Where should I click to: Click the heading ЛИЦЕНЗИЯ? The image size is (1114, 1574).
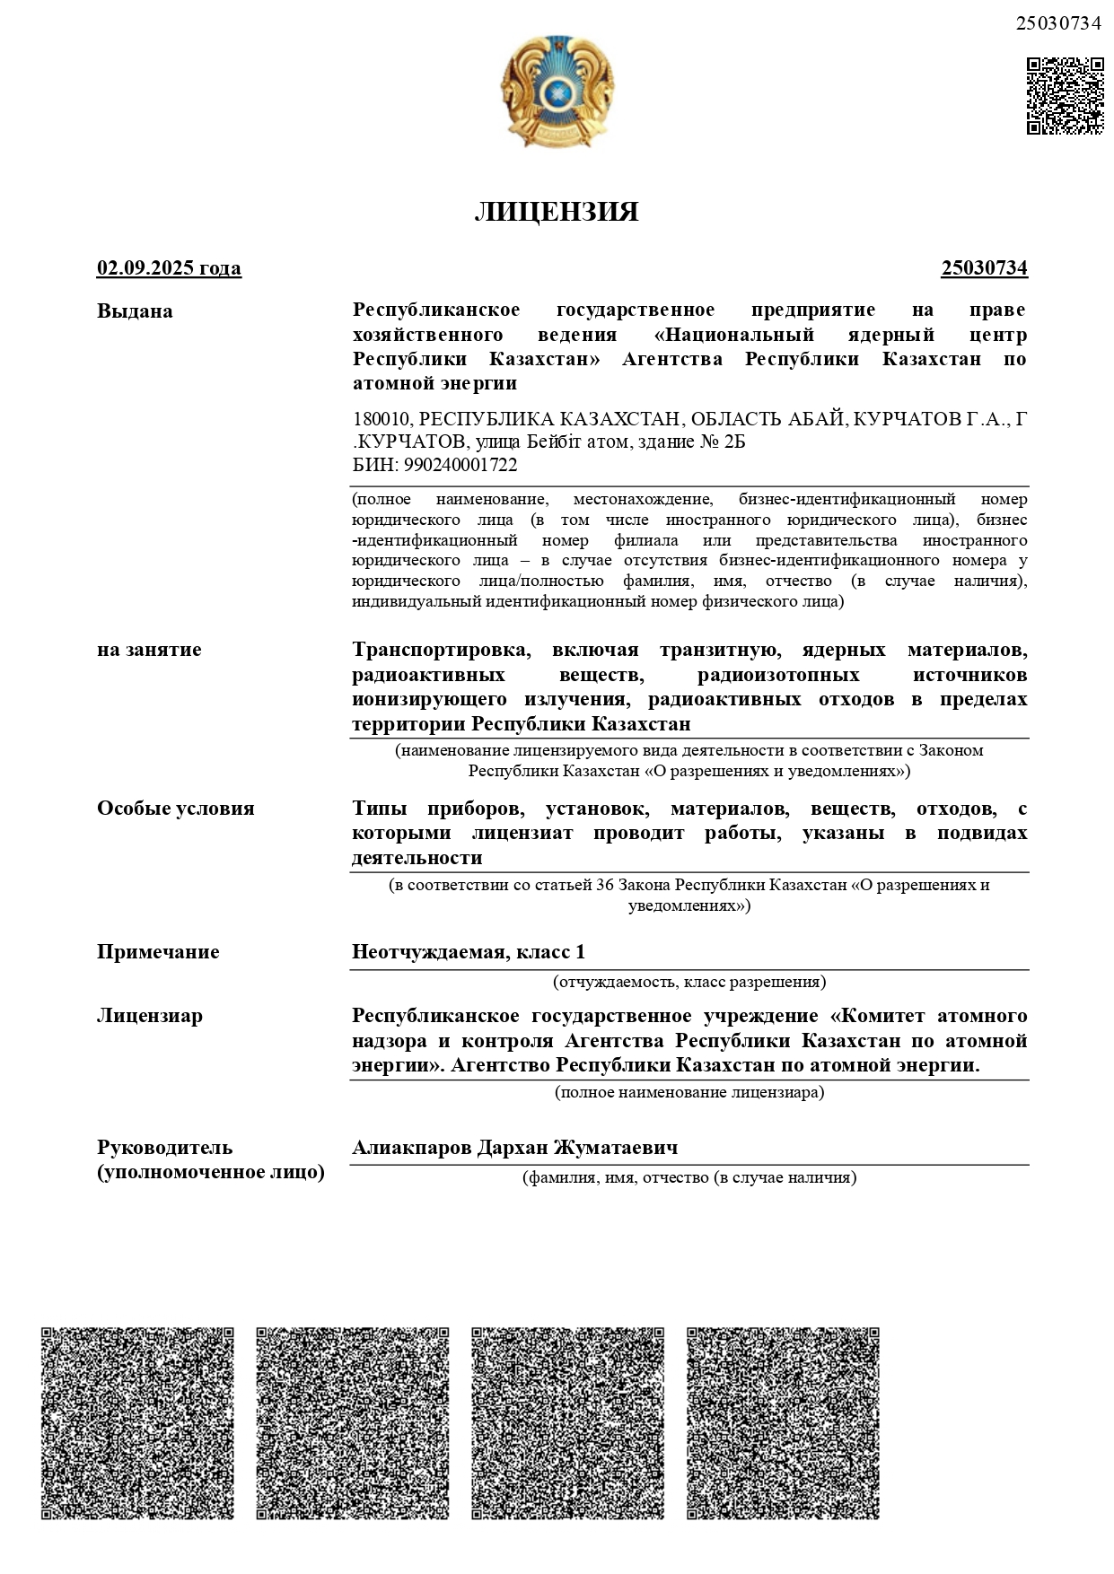[557, 212]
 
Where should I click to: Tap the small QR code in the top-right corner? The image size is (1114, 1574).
[1065, 96]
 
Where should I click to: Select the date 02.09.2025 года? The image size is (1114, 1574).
[169, 268]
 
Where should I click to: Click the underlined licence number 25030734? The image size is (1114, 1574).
[984, 268]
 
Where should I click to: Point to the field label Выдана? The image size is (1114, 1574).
[135, 311]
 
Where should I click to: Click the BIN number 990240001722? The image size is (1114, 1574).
[461, 465]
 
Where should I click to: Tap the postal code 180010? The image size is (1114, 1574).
[382, 419]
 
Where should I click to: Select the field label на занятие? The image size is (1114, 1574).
[149, 650]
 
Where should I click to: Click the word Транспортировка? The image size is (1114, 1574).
[441, 650]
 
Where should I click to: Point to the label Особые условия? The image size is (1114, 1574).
[176, 809]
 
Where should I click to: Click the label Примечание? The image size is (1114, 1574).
[158, 952]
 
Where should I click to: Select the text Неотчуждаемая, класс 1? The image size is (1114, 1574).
[469, 952]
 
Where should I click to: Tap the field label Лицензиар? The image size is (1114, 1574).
[150, 1016]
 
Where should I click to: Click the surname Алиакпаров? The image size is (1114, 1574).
[410, 1148]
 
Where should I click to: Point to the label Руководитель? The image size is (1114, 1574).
[165, 1148]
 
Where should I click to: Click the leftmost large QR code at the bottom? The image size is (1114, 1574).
[137, 1423]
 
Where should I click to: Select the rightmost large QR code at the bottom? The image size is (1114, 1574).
[783, 1423]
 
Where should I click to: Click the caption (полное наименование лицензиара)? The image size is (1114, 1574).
[689, 1092]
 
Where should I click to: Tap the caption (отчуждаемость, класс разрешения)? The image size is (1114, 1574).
[689, 982]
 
